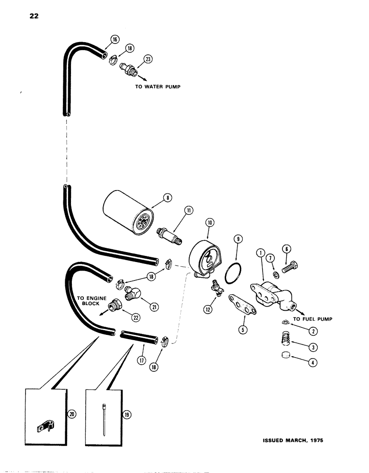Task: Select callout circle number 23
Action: tap(148, 59)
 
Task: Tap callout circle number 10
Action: tap(210, 222)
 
